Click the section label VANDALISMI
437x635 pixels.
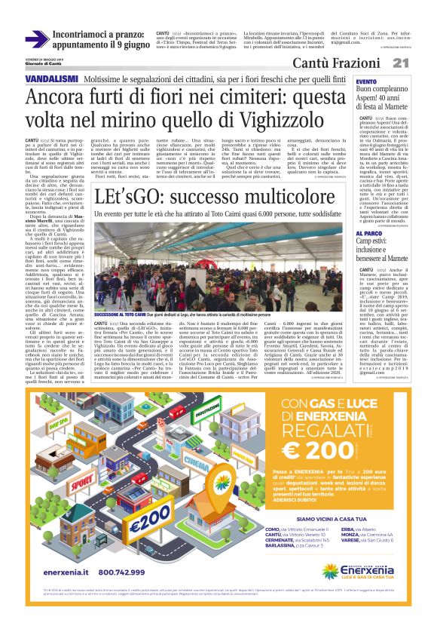click(x=51, y=78)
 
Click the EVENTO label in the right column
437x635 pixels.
click(x=367, y=81)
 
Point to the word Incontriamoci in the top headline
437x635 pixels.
click(x=84, y=34)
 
